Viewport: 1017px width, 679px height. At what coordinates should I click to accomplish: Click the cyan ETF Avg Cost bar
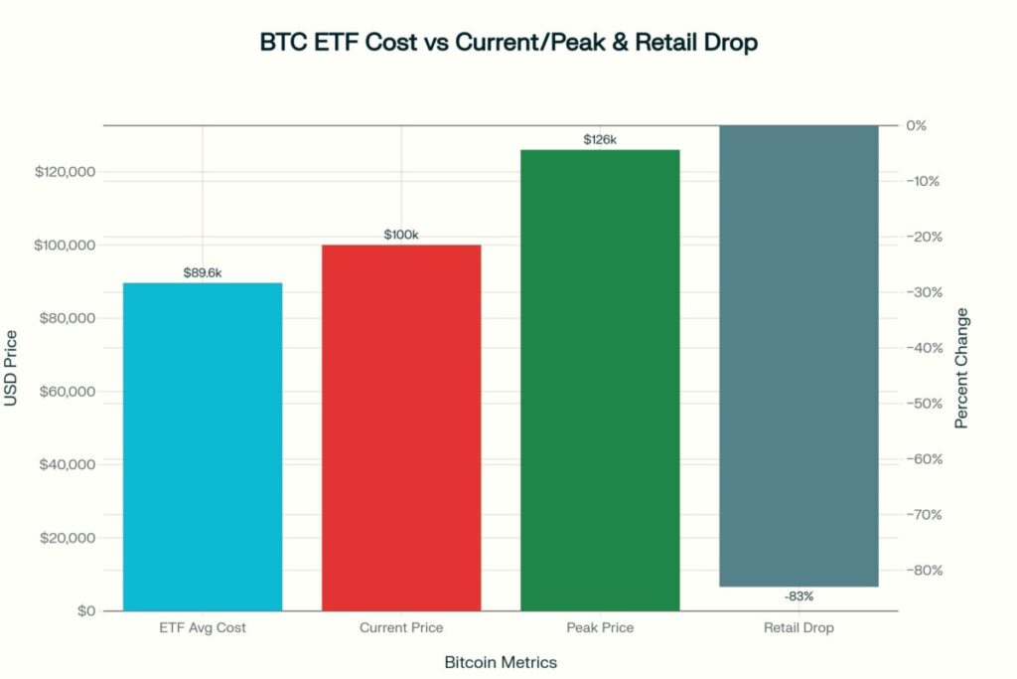click(203, 446)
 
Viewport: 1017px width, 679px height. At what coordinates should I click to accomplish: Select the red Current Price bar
click(401, 427)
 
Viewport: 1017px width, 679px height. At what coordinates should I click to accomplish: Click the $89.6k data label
click(203, 272)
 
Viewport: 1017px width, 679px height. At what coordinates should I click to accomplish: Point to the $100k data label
click(401, 235)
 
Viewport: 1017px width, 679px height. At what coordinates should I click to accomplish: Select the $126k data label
click(600, 139)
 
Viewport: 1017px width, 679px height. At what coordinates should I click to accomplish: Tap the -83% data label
click(799, 596)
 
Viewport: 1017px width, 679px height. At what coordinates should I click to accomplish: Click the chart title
click(508, 44)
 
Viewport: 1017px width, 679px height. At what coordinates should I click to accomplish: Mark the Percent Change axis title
click(961, 369)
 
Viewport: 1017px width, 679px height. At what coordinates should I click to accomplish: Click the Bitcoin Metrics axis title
click(501, 662)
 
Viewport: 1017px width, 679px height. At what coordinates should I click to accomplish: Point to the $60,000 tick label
click(65, 392)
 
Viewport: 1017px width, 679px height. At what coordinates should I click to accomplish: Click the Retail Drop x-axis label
click(799, 628)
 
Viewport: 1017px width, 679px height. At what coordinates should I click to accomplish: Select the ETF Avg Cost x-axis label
click(203, 628)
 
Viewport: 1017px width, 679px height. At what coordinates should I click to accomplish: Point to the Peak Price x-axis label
click(600, 628)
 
